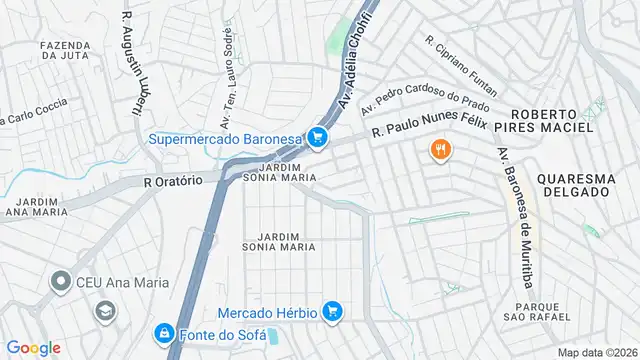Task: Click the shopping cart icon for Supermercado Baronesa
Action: pos(318,138)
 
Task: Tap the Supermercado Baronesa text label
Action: pos(226,139)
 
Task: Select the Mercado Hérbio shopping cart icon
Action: pos(334,312)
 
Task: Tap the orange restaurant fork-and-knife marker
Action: pos(440,151)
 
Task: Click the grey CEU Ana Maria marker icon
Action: pos(63,283)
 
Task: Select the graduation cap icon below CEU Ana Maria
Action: pos(103,312)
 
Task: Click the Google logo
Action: pos(33,347)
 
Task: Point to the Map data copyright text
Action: pos(597,352)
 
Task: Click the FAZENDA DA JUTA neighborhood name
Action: pos(67,52)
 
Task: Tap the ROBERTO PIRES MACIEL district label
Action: pos(552,121)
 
